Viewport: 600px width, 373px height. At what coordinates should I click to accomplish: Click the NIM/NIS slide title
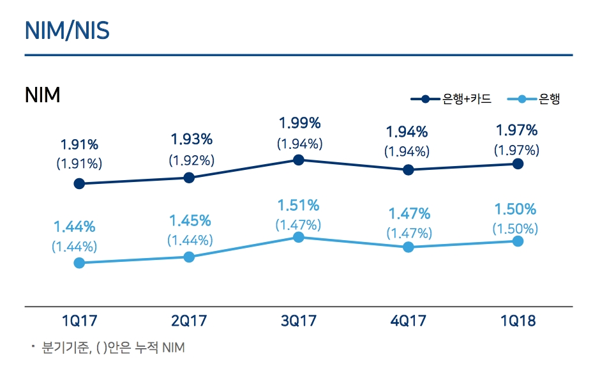[x=67, y=30]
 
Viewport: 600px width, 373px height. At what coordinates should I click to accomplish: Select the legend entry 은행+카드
[x=451, y=99]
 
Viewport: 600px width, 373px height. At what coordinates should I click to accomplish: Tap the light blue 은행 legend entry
[x=533, y=99]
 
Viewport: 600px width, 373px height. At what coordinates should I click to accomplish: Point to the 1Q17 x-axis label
[x=79, y=321]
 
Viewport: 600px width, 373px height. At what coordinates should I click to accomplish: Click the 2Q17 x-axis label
[x=189, y=321]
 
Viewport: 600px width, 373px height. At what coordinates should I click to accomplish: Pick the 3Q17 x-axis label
[x=299, y=321]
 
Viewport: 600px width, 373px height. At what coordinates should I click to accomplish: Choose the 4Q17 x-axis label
[x=409, y=321]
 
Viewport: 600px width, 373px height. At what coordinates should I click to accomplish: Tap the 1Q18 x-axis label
[x=518, y=321]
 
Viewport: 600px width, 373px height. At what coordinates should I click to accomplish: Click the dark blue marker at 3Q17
[x=298, y=160]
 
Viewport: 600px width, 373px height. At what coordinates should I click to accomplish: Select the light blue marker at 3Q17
[x=298, y=237]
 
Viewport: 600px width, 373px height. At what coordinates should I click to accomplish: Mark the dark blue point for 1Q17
[x=79, y=184]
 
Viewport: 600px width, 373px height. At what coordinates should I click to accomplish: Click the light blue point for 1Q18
[x=518, y=241]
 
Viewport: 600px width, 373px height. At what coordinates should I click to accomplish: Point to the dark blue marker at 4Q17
[x=409, y=170]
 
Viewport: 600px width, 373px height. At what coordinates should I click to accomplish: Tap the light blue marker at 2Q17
[x=189, y=257]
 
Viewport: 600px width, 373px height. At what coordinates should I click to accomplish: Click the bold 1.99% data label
[x=299, y=123]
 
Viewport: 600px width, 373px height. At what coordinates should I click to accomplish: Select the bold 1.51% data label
[x=298, y=205]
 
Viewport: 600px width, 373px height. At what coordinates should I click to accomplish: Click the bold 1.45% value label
[x=190, y=220]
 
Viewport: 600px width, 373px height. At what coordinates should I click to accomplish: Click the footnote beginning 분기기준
[x=112, y=348]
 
